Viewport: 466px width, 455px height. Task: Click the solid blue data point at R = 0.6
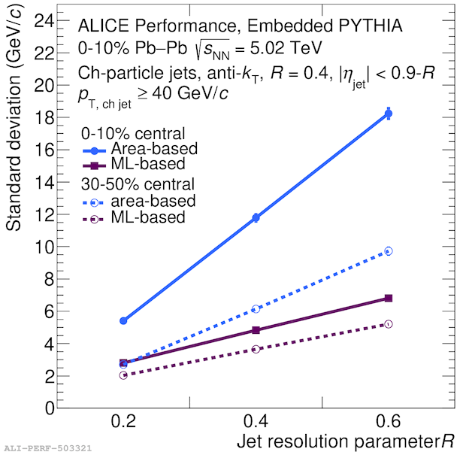389,114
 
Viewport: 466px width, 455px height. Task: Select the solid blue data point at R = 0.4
256,217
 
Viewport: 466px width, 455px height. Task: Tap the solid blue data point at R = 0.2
123,320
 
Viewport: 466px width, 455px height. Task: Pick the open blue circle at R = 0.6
389,251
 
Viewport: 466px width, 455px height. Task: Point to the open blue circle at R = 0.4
256,308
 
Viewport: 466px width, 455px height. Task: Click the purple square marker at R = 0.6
389,299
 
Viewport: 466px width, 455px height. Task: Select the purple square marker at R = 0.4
256,330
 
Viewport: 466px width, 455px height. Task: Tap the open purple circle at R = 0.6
389,324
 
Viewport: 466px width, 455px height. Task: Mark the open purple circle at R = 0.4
256,349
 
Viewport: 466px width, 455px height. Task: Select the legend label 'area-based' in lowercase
153,201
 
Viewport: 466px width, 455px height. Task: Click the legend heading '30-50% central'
138,184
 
